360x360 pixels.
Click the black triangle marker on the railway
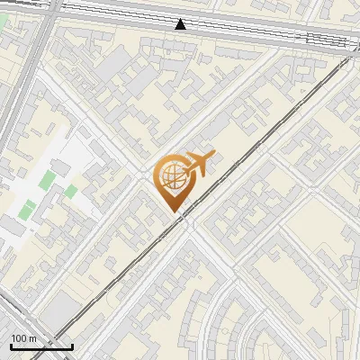(x=181, y=24)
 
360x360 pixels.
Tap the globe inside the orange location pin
(x=172, y=178)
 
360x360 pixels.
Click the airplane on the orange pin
(x=197, y=165)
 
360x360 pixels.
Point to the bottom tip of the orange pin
(x=173, y=211)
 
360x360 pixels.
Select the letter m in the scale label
(x=33, y=339)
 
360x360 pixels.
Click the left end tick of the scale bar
(x=11, y=346)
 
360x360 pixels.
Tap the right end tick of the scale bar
(x=72, y=346)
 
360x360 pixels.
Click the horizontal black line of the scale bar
(x=41, y=347)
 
